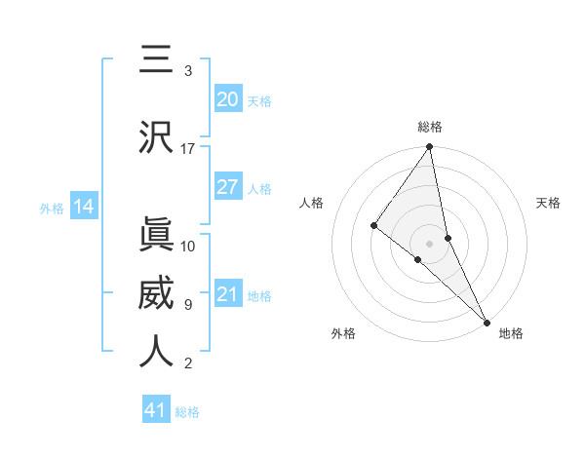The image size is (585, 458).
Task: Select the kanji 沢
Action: (156, 137)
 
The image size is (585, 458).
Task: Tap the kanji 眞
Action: (156, 236)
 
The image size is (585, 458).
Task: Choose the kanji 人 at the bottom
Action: (156, 352)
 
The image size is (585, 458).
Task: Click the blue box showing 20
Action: (227, 99)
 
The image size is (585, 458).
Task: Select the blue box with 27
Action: (227, 187)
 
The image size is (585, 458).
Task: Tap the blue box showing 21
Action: (227, 294)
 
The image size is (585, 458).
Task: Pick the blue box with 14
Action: (84, 207)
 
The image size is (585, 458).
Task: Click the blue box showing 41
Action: (156, 410)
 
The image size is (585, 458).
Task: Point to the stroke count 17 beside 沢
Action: (188, 148)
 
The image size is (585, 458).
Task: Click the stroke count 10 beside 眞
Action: (188, 246)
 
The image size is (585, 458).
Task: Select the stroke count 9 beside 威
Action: (188, 304)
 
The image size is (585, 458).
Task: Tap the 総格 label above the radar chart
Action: (430, 127)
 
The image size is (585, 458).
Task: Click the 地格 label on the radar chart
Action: (511, 333)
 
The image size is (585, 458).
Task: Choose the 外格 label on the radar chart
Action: (343, 333)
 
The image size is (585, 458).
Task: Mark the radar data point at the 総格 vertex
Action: (429, 147)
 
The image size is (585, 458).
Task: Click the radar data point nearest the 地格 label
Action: (487, 321)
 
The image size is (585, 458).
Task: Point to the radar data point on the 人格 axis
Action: (373, 225)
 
